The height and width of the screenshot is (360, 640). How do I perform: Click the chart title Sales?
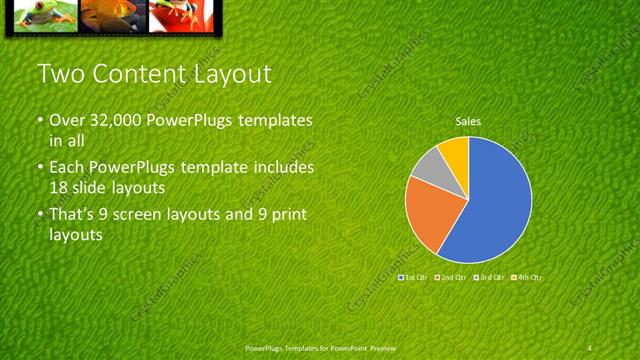coord(468,122)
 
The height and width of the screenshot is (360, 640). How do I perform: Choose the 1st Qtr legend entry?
coord(413,276)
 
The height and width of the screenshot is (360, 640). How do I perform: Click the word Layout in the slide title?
coord(228,74)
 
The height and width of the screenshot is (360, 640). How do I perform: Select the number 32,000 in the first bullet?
coord(118,121)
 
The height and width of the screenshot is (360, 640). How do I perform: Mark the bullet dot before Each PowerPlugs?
coord(42,167)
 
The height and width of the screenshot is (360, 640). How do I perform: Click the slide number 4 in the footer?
coord(590,348)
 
